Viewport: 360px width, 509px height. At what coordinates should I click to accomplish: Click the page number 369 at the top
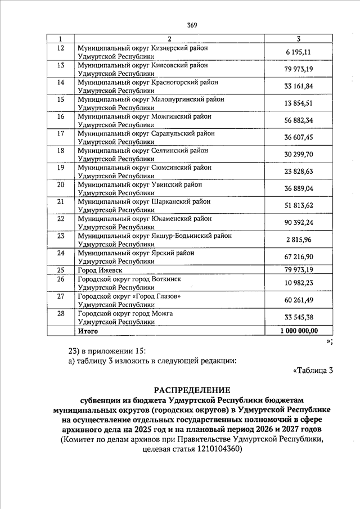[x=192, y=25]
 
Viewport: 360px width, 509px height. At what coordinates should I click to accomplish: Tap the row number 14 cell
[x=61, y=83]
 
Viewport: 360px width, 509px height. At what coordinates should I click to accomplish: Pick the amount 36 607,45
[x=299, y=137]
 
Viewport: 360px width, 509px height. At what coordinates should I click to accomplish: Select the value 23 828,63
[x=299, y=172]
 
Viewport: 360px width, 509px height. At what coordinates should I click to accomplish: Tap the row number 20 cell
[x=61, y=184]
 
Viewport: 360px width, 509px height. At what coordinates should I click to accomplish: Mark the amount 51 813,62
[x=299, y=206]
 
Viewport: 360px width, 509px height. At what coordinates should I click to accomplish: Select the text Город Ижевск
[x=100, y=270]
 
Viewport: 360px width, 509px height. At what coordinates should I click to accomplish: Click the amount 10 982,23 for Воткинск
[x=299, y=282]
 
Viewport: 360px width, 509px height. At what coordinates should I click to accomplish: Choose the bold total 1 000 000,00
[x=299, y=331]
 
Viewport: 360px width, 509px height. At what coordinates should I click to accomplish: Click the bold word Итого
[x=88, y=331]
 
